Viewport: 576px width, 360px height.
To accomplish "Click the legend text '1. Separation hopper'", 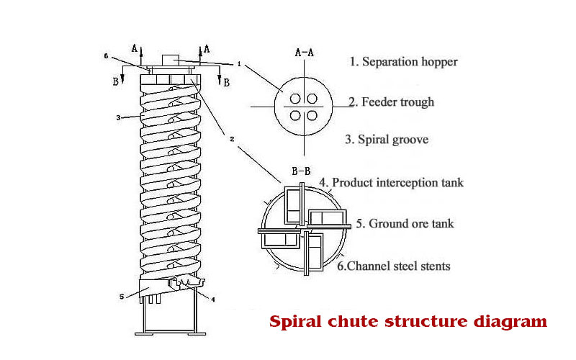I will tap(403, 62).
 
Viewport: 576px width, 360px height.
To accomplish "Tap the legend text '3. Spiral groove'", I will tap(387, 140).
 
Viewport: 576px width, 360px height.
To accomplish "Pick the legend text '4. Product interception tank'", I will tap(392, 183).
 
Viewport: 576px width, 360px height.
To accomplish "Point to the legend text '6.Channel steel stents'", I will tap(393, 266).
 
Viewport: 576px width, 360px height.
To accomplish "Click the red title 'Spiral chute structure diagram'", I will tap(408, 321).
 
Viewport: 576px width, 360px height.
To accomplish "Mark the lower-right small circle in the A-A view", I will tap(312, 115).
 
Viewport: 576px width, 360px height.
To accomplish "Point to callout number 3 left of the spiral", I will tap(119, 116).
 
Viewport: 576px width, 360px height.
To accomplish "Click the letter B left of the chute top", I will tap(114, 81).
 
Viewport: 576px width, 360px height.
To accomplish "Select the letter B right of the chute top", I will tap(226, 82).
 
